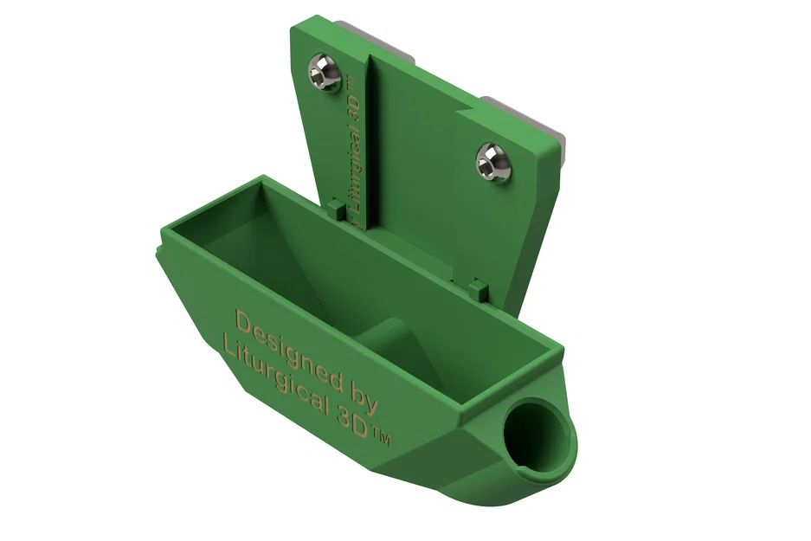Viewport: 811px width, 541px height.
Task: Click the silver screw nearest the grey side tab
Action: coord(493,162)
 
